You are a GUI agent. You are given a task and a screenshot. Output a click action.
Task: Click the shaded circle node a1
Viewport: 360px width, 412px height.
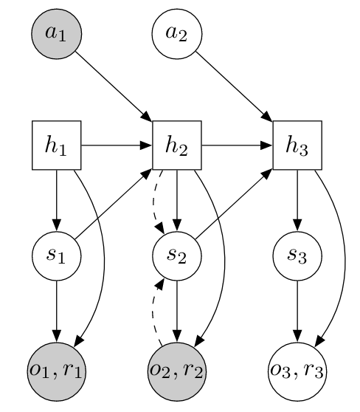point(57,34)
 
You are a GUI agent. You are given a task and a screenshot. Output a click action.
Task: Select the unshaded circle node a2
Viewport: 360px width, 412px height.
point(177,34)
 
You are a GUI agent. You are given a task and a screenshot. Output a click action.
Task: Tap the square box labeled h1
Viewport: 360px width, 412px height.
point(57,145)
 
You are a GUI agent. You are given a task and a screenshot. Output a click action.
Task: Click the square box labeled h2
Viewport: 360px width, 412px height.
point(177,145)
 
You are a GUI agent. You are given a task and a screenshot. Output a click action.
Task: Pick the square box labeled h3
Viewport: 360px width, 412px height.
point(297,145)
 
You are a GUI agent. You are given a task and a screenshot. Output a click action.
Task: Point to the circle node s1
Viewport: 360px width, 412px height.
point(57,257)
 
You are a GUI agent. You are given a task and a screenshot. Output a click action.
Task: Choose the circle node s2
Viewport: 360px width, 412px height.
point(177,257)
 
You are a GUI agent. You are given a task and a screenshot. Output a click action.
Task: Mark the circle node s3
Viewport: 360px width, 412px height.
point(297,257)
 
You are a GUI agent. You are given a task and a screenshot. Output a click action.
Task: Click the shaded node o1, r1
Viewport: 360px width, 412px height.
point(57,369)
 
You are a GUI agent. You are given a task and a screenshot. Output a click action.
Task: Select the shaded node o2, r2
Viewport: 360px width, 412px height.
point(177,369)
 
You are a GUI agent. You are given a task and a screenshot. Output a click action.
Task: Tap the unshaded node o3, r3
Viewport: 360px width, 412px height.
point(297,369)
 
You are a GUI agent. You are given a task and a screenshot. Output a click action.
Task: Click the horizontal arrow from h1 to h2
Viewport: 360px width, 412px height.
point(117,145)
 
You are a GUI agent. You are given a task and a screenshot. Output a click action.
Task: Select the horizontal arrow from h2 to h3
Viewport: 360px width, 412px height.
point(237,145)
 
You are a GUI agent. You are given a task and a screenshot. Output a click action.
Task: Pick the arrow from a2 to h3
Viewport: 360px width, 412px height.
point(233,86)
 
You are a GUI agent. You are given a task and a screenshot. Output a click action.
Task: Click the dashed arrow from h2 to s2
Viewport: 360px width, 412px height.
point(155,199)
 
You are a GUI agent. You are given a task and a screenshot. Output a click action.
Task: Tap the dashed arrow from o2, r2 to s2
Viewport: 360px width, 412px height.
point(156,314)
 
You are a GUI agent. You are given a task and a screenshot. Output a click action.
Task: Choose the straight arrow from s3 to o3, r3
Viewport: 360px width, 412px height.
point(297,313)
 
